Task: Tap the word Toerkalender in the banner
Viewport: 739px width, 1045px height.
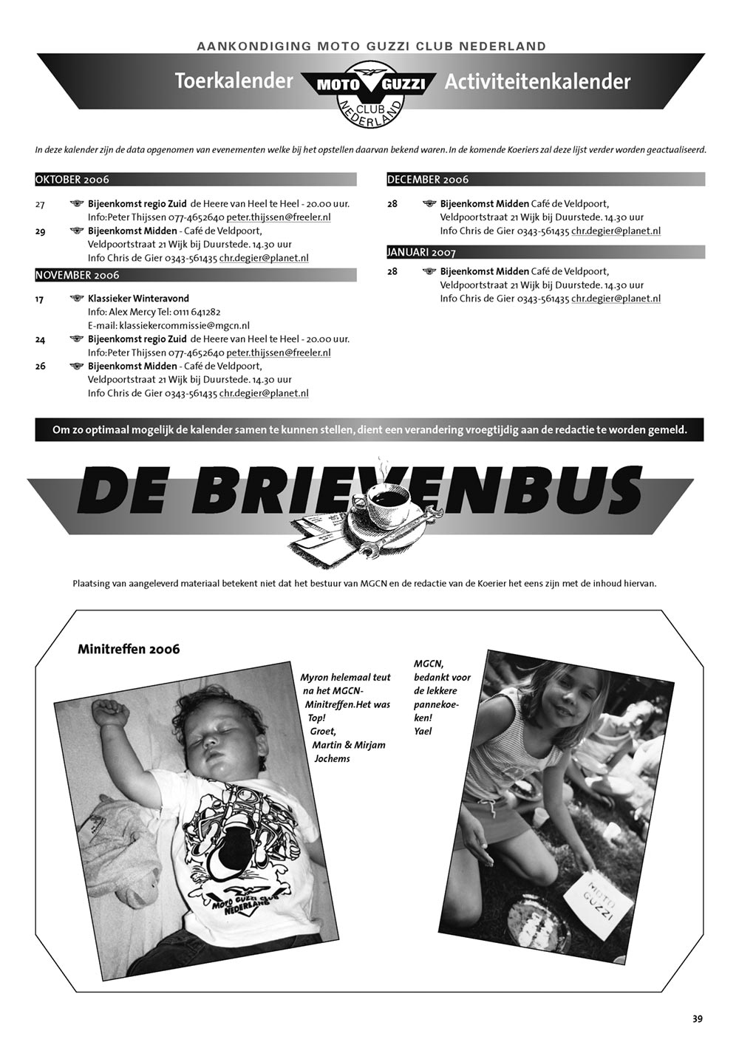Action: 234,81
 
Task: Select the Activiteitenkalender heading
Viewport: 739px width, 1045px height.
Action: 537,81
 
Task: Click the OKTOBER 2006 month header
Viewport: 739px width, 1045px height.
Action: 72,180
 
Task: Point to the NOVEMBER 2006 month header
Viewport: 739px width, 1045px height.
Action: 77,276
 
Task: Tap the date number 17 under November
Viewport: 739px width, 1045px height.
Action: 40,299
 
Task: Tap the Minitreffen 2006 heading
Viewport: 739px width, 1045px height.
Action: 129,650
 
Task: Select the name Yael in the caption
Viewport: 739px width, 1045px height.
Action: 423,732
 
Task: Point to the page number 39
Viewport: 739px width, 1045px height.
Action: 697,1019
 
